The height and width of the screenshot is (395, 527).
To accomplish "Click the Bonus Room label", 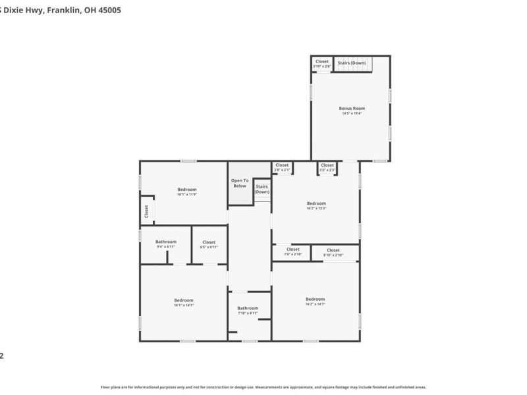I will tap(352, 108).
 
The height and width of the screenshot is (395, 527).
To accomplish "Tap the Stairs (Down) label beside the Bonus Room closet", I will tap(352, 63).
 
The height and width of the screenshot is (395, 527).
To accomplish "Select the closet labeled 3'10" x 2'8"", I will tap(321, 64).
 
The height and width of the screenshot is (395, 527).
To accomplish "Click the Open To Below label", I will tap(240, 183).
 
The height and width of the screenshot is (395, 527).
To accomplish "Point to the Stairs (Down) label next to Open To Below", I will tap(262, 189).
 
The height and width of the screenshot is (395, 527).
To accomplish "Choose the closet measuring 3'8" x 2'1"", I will tap(282, 167).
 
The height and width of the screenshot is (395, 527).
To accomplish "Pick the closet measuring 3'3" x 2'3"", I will tap(327, 167).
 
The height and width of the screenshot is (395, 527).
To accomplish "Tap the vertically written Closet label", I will tap(146, 211).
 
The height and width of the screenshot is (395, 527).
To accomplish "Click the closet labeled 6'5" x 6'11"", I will tap(209, 244).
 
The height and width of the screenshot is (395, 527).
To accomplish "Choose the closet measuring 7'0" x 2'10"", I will tap(292, 251).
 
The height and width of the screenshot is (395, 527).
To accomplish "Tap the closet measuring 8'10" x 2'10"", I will tap(333, 252).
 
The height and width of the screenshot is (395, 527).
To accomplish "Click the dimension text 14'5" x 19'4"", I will tap(352, 114).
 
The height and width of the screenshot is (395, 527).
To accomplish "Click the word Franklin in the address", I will tap(65, 10).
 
